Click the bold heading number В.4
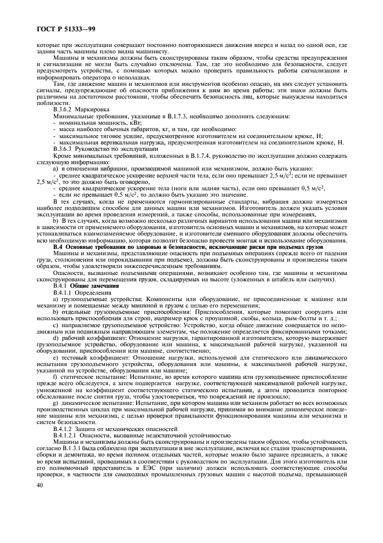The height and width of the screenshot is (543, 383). click(59, 247)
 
